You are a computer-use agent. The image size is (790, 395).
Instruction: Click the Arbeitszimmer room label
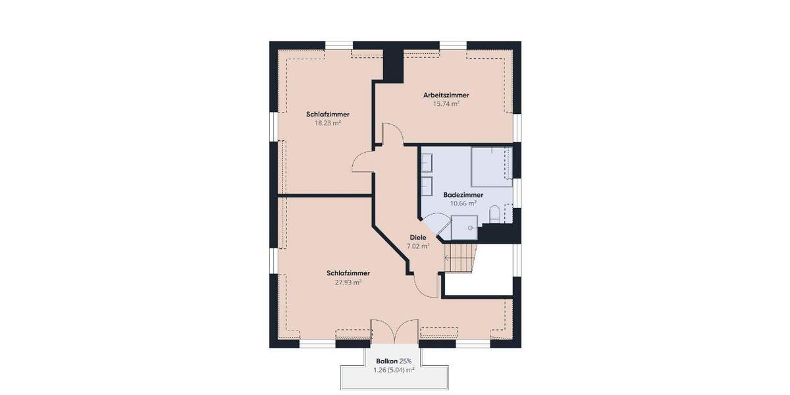(x=446, y=95)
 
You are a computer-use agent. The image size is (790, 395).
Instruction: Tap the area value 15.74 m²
(x=446, y=104)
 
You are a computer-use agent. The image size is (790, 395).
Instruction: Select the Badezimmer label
(x=463, y=195)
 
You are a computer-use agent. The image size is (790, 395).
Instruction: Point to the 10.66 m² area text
(x=463, y=203)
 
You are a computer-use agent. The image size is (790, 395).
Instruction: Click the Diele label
(x=418, y=237)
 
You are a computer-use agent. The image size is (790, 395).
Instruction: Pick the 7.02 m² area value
(x=418, y=246)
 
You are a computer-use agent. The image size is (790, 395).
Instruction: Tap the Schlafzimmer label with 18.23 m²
(x=328, y=114)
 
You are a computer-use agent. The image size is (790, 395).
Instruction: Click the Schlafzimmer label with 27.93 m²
(x=348, y=273)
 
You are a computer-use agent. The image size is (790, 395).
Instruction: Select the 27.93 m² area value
(x=348, y=282)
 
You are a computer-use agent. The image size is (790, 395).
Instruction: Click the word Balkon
(x=386, y=361)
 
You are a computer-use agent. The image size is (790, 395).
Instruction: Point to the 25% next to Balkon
(x=406, y=361)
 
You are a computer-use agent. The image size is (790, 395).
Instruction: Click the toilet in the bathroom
(x=494, y=214)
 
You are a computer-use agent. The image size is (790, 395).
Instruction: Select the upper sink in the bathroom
(x=426, y=161)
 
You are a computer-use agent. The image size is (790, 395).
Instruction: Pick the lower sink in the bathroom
(x=426, y=186)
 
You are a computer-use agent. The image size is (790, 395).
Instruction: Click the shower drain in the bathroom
(x=471, y=228)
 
